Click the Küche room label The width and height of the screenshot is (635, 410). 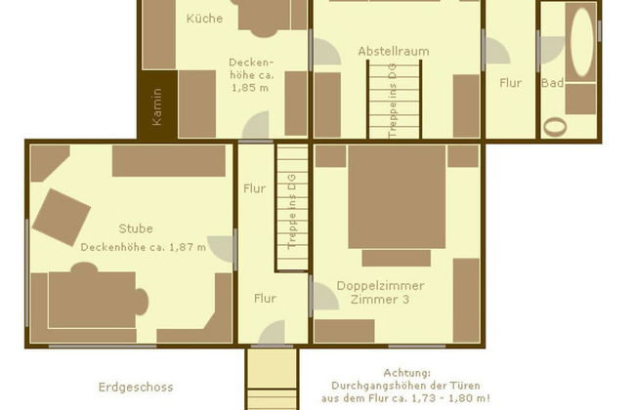click(204, 18)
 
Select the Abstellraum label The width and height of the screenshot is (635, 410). click(393, 51)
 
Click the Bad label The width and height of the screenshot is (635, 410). click(552, 83)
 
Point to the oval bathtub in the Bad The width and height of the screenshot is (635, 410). click(582, 41)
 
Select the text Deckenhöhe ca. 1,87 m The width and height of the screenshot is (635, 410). click(144, 247)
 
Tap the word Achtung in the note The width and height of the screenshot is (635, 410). click(406, 373)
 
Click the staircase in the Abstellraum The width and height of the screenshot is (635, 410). click(394, 99)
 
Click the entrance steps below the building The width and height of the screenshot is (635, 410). click(271, 379)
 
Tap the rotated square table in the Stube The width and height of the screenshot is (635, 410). click(62, 217)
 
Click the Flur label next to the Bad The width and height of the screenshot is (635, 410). click(511, 83)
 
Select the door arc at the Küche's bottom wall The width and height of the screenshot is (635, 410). click(256, 127)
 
